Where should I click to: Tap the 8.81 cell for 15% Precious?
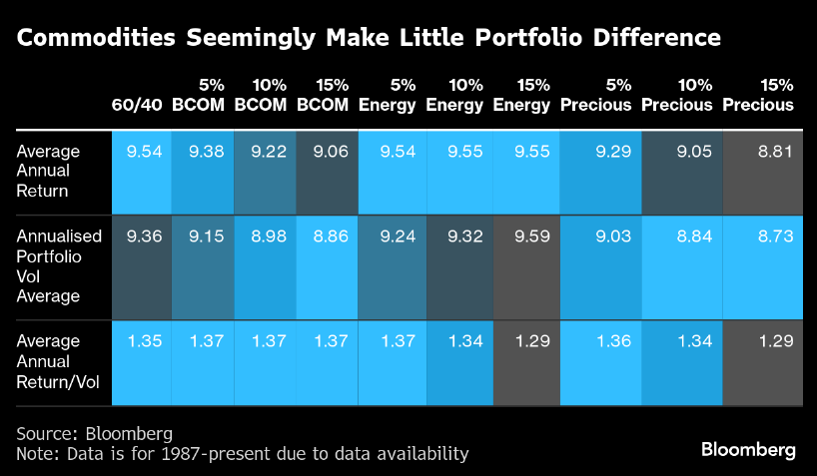coord(773,152)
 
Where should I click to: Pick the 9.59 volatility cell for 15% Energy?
coord(527,240)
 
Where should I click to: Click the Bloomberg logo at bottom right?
coord(747,449)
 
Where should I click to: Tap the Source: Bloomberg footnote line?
coord(95,434)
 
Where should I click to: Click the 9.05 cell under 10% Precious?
coord(683,152)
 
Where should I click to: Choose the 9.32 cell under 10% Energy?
coord(455,240)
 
